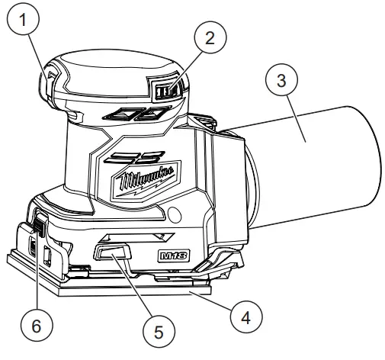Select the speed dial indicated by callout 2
pos(165,92)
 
